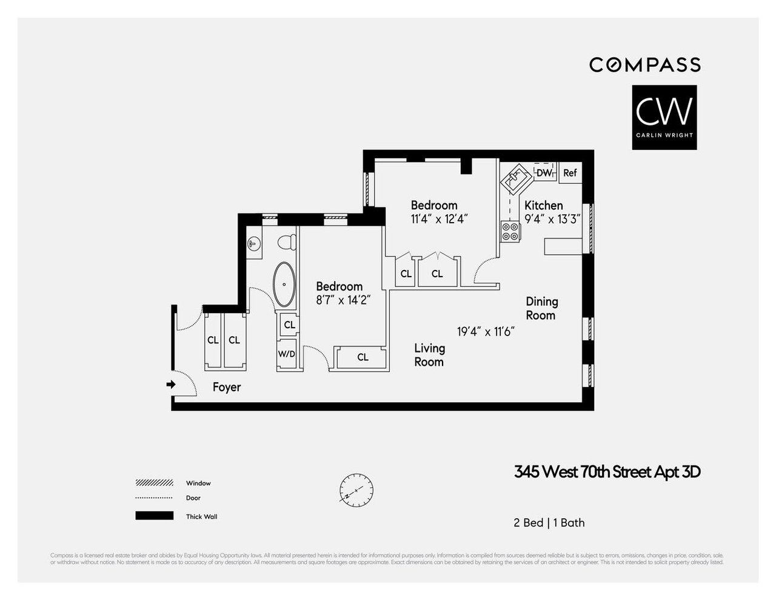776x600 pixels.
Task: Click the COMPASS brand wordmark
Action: tap(645, 64)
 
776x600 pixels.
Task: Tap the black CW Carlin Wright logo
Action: tap(664, 117)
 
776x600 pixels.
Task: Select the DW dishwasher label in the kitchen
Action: tap(544, 173)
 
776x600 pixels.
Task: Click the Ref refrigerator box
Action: tap(570, 173)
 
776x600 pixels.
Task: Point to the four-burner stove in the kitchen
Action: tap(510, 232)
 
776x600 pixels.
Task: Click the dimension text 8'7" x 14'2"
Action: tap(343, 300)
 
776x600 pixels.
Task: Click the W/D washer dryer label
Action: tap(286, 354)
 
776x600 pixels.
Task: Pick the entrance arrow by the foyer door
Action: tap(171, 384)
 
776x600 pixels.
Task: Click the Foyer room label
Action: tap(227, 387)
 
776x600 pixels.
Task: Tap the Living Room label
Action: tap(429, 355)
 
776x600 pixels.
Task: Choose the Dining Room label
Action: tap(541, 308)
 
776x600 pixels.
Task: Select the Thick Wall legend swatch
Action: tap(154, 516)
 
